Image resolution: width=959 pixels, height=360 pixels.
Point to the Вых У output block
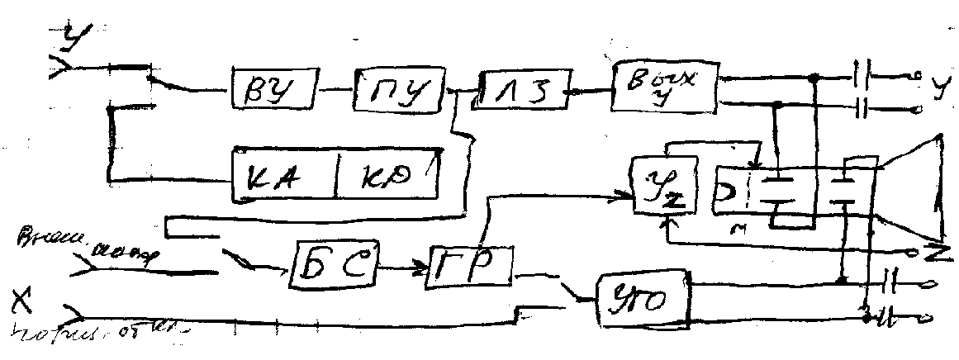click(664, 86)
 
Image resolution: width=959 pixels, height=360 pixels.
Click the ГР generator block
click(469, 267)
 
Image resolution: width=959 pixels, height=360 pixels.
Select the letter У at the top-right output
click(938, 85)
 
